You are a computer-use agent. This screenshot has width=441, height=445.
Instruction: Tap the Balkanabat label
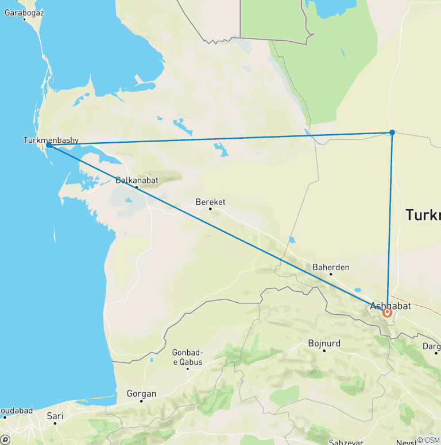(x=137, y=179)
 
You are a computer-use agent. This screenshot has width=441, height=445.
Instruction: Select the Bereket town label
(x=210, y=202)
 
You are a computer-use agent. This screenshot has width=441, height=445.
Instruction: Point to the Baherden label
(x=331, y=267)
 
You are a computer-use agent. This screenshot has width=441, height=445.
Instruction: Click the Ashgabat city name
(x=390, y=306)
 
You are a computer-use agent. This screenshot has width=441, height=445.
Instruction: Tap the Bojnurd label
(x=324, y=343)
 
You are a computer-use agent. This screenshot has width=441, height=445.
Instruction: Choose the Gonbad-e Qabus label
(x=188, y=356)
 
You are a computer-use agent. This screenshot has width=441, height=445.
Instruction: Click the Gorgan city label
(x=141, y=394)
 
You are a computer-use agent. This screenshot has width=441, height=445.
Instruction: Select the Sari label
(x=55, y=416)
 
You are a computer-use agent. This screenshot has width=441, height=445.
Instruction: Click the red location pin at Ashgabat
(x=388, y=313)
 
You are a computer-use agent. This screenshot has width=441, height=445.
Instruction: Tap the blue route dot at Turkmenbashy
(x=49, y=146)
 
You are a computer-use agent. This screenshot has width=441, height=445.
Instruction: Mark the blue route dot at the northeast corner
(x=392, y=132)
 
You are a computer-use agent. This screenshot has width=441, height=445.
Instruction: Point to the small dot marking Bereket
(x=210, y=209)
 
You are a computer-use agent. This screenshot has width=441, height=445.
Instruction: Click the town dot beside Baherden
(x=331, y=274)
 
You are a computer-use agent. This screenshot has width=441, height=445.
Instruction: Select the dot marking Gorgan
(x=141, y=401)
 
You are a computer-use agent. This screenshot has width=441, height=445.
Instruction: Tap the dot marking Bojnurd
(x=324, y=350)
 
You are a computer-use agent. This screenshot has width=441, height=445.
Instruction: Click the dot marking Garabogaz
(x=24, y=19)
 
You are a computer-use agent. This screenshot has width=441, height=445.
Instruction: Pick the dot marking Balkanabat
(x=137, y=186)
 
